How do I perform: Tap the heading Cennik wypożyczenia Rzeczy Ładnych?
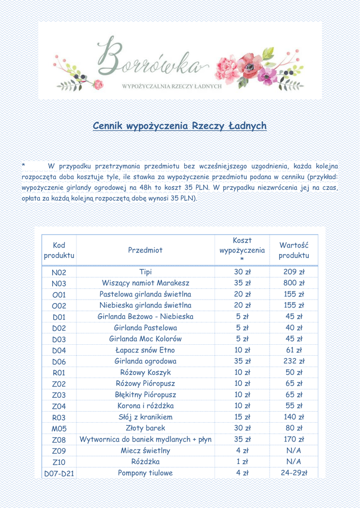[x=180, y=126]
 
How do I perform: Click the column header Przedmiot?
[x=145, y=250]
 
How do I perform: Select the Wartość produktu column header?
[x=294, y=250]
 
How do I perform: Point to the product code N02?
[x=59, y=272]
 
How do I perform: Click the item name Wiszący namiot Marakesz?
[x=145, y=283]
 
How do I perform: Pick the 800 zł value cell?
[x=294, y=283]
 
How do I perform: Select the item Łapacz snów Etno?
[x=145, y=350]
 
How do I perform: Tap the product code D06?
[x=59, y=362]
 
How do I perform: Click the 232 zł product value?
[x=294, y=362]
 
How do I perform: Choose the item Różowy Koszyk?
[x=145, y=373]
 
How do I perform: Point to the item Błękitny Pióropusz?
[x=145, y=395]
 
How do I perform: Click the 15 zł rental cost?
[x=242, y=417]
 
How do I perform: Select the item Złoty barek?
[x=145, y=428]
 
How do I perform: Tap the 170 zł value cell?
[x=294, y=440]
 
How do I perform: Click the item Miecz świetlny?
[x=145, y=450]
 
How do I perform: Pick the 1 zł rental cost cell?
[x=242, y=462]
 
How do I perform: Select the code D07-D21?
[x=59, y=473]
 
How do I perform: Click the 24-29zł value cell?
[x=294, y=473]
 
